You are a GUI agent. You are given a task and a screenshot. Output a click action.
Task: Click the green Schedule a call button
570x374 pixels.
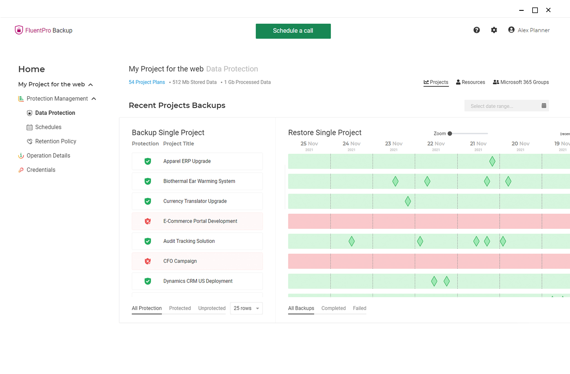tap(293, 31)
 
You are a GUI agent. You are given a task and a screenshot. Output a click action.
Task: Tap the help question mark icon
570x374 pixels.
tap(477, 30)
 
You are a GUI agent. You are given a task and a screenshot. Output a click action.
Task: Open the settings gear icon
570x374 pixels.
tap(494, 30)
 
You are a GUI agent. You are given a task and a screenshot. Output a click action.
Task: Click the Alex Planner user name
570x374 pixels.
tap(533, 30)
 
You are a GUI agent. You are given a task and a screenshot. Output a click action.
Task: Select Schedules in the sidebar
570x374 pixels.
tap(48, 127)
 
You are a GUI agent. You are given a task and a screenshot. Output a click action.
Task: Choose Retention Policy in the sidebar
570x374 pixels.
tap(55, 141)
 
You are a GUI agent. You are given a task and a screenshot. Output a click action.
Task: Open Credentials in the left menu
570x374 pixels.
tap(41, 170)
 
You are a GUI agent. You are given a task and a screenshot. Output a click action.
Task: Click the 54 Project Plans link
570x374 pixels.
tap(147, 82)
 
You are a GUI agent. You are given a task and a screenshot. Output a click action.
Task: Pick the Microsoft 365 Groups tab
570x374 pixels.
tap(521, 82)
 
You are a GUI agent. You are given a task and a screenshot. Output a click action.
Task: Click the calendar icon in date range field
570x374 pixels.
tap(544, 106)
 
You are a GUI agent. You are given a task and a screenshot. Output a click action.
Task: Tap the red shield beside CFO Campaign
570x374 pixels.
tap(148, 261)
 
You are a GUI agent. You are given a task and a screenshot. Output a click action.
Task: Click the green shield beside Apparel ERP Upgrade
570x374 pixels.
tap(148, 161)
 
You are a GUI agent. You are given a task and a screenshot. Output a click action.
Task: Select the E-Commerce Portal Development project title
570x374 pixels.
tap(200, 221)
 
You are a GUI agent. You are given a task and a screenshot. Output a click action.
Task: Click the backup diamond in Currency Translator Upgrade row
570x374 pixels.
tap(408, 201)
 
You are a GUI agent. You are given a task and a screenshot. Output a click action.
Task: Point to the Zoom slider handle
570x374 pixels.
tap(450, 134)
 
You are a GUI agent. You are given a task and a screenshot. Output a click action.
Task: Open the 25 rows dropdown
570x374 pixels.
tap(246, 308)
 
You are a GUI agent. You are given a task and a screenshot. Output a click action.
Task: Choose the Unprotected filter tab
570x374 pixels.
tap(212, 308)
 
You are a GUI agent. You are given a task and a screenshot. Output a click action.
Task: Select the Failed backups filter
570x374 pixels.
tap(359, 308)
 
